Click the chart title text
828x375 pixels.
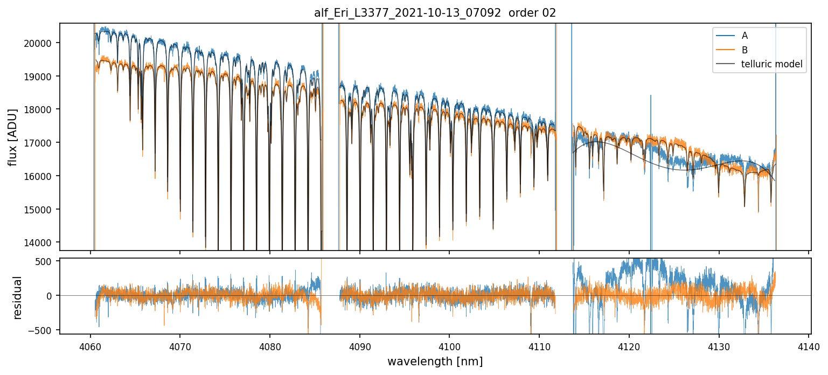(x=435, y=13)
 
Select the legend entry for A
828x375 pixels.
(x=744, y=36)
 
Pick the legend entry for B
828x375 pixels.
(x=744, y=50)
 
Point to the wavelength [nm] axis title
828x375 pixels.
(x=435, y=362)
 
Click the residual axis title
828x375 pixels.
(x=17, y=297)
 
